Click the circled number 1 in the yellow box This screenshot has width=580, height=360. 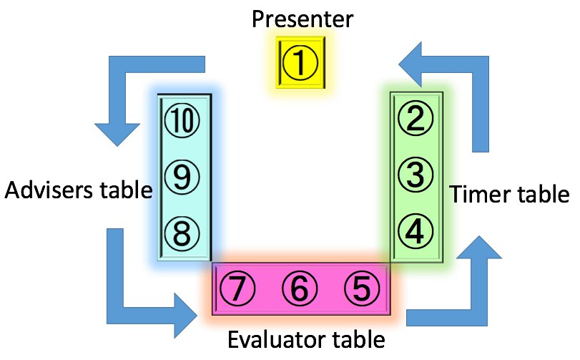coord(300,63)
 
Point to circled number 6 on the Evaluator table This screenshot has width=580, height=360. coord(300,288)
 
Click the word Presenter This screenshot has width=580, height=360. coord(303,19)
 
